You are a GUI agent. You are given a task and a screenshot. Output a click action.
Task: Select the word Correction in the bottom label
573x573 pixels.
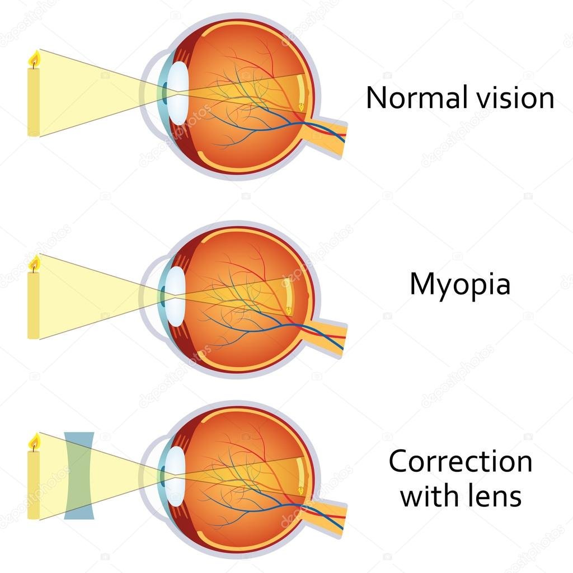(461, 462)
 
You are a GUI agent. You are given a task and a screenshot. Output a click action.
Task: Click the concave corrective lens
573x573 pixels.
(79, 476)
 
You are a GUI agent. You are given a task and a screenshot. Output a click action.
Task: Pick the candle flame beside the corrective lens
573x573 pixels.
(35, 442)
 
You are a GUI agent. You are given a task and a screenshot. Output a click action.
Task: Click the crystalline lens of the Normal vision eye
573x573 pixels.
(179, 93)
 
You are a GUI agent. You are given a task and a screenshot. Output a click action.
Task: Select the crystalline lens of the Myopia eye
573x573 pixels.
(175, 297)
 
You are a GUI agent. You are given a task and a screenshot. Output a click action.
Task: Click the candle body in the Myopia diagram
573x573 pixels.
(34, 306)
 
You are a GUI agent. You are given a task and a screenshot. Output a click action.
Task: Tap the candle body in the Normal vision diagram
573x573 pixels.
(34, 102)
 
